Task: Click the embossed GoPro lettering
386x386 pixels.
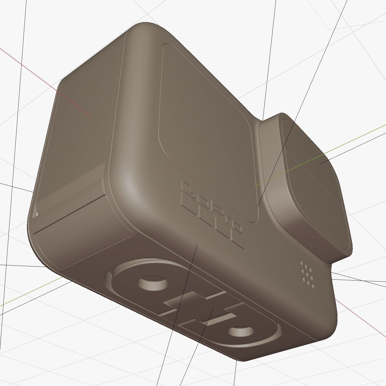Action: [x=213, y=214]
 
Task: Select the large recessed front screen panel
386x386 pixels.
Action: [x=206, y=124]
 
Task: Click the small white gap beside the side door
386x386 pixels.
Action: [x=36, y=214]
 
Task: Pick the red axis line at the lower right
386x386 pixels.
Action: [x=360, y=319]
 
